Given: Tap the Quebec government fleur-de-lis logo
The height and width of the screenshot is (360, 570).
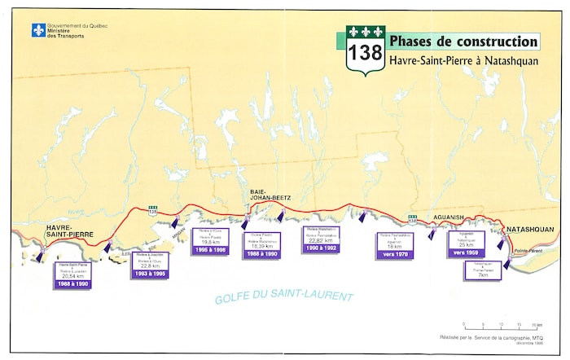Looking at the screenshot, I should click(37, 30).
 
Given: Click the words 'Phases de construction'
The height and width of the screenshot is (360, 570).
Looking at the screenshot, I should click(463, 42).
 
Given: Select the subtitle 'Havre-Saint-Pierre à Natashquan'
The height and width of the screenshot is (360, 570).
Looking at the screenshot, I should click(463, 60).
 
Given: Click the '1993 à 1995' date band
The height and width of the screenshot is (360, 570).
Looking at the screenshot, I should click(149, 274).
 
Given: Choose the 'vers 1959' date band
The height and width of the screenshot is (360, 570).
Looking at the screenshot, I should click(467, 252).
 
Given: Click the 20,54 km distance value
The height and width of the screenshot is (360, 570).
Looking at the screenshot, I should click(73, 276).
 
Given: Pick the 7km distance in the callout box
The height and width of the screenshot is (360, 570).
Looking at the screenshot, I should click(483, 274).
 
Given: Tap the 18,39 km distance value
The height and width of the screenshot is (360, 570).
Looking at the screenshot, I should click(262, 246).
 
